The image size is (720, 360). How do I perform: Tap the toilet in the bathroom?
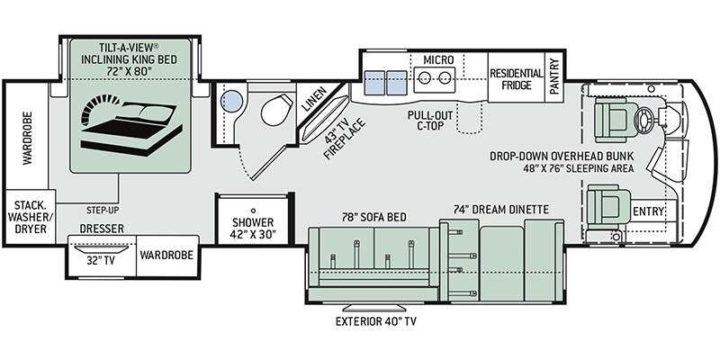[277, 109]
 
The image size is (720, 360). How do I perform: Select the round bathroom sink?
[231, 101]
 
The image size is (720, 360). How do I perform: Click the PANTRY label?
[554, 76]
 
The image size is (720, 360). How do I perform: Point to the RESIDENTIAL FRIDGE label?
[517, 79]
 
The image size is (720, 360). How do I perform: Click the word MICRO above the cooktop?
[438, 59]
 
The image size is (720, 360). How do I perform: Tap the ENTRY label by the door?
[648, 211]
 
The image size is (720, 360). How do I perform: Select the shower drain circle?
[253, 210]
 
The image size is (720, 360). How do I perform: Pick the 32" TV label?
[101, 261]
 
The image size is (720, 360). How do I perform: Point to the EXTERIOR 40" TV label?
[375, 321]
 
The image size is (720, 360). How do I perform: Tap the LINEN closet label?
[313, 99]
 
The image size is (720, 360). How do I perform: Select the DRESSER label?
[102, 229]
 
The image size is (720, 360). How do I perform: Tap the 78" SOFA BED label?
[374, 217]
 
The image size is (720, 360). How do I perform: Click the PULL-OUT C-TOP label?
[430, 120]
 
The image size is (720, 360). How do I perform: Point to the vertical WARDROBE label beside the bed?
[28, 138]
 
